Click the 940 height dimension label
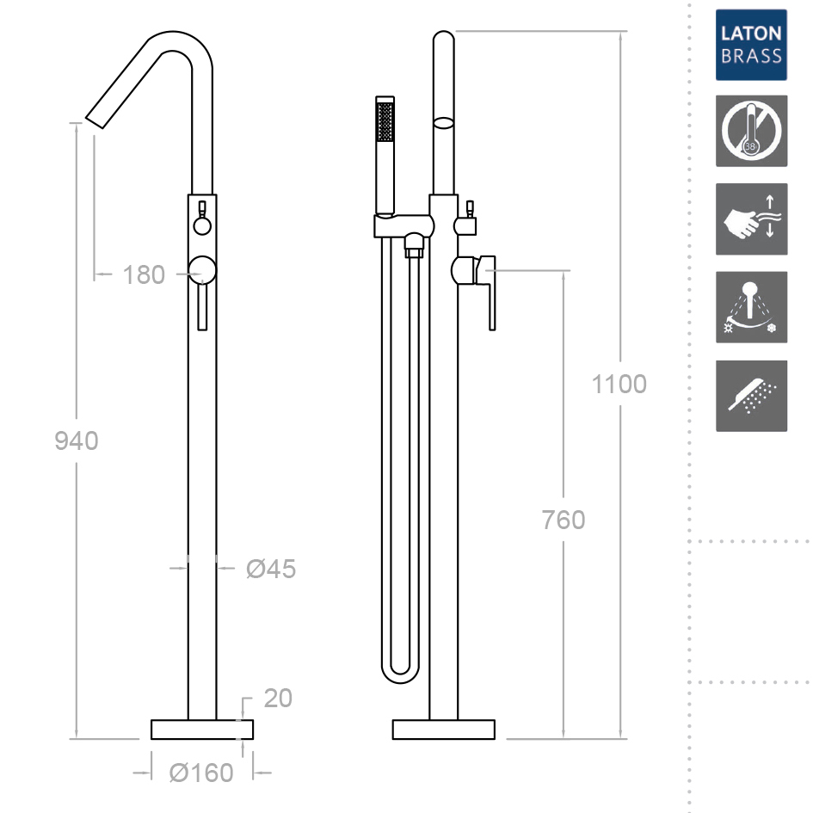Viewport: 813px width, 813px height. pos(77,440)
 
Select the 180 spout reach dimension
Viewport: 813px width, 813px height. pos(144,274)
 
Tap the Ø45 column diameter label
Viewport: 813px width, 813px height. pos(271,569)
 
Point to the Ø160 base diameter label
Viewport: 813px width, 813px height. pos(201,773)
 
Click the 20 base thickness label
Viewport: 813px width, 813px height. pos(278,699)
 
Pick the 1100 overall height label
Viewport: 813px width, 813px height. pos(619,385)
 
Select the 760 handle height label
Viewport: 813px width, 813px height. pos(564,520)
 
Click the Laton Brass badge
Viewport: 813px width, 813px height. pos(751,45)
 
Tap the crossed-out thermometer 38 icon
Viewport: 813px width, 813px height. pos(751,131)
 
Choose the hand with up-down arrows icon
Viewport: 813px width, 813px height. pos(751,219)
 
